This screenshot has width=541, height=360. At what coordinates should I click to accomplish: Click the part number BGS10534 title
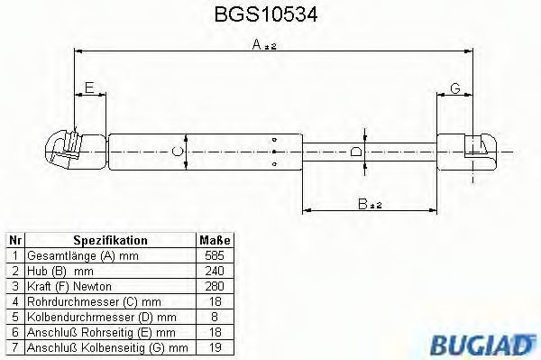click(x=270, y=15)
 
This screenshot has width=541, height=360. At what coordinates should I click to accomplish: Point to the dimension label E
click(x=88, y=87)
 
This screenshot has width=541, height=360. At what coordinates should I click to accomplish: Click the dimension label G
click(x=455, y=87)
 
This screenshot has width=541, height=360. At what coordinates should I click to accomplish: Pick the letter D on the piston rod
click(x=357, y=152)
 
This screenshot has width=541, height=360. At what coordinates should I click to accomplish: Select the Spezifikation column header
click(x=110, y=241)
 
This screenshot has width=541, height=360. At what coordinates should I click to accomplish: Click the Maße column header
click(x=214, y=241)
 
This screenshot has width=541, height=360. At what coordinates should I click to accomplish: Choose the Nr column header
click(x=14, y=241)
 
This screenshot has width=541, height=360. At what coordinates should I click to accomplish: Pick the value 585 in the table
click(x=214, y=256)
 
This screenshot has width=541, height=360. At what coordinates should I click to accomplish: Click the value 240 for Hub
click(x=214, y=271)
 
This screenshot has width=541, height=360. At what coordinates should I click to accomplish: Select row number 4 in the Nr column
click(x=14, y=301)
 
